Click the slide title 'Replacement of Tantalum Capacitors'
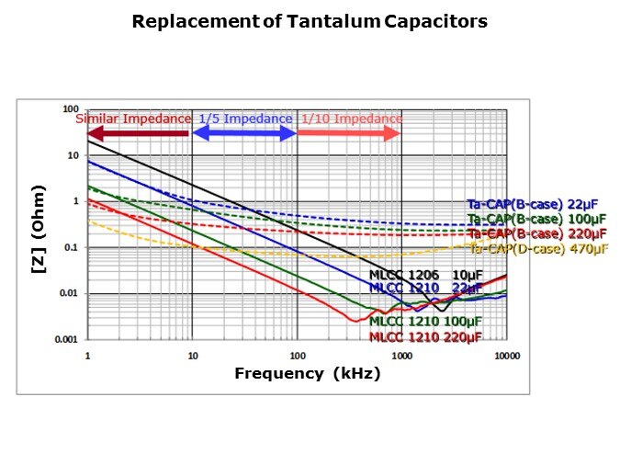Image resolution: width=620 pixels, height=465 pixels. click(x=310, y=21)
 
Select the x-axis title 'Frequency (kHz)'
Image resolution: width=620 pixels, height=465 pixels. click(x=307, y=373)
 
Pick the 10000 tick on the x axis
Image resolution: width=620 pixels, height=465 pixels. click(x=506, y=354)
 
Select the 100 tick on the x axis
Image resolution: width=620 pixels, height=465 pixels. click(x=297, y=354)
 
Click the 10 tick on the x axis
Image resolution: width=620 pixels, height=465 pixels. click(x=192, y=354)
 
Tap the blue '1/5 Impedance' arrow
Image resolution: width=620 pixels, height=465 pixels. click(x=244, y=133)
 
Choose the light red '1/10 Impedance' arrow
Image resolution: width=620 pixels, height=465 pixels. click(x=349, y=133)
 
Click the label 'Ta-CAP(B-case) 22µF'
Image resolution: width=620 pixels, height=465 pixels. click(x=538, y=205)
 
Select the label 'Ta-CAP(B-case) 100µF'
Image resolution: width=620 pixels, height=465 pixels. click(x=538, y=219)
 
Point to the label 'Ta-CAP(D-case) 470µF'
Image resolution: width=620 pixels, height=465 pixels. click(x=538, y=248)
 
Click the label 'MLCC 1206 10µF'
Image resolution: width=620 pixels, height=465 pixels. click(x=425, y=275)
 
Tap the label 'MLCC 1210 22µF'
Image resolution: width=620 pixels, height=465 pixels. click(x=425, y=288)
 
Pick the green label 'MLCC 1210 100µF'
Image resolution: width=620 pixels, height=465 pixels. click(x=425, y=323)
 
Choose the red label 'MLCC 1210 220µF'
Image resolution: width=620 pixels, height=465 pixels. click(x=425, y=337)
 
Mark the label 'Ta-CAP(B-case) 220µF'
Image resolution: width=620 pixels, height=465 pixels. click(x=538, y=233)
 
